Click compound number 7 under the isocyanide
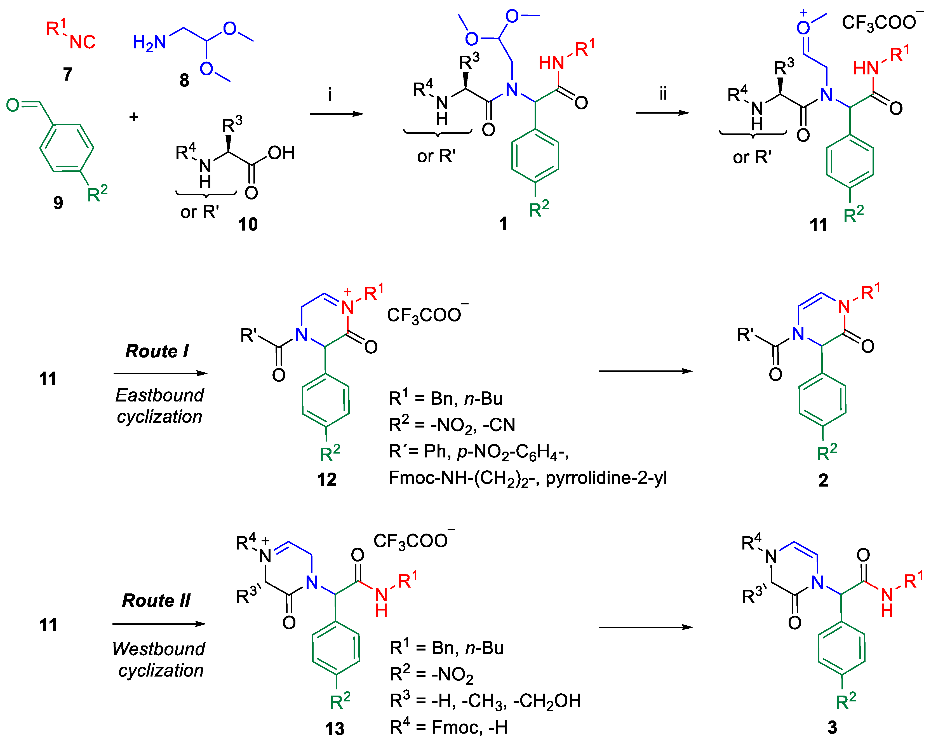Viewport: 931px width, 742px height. [68, 74]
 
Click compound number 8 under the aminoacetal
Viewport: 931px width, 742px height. [184, 80]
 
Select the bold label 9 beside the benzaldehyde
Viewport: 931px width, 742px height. [58, 203]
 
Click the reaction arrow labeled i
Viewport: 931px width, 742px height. [337, 114]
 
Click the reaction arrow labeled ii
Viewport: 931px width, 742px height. [662, 113]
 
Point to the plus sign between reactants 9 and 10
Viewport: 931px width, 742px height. [134, 117]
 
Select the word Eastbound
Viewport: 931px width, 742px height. [160, 395]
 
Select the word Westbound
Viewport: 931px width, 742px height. [159, 649]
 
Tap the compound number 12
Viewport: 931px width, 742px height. [326, 479]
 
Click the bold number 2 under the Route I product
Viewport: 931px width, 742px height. [823, 480]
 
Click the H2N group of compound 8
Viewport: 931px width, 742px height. [149, 42]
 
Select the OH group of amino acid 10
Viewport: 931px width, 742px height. [281, 153]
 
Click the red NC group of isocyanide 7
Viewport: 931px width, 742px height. [83, 42]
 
